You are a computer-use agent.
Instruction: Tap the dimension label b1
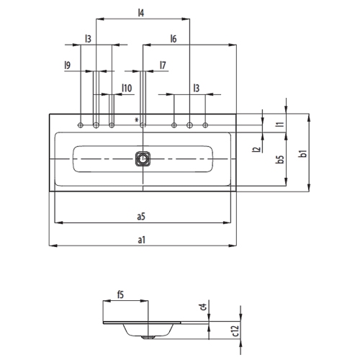303,153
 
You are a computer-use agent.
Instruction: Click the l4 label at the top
141,12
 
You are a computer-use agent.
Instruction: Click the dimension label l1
279,124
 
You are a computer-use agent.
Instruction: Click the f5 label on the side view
121,294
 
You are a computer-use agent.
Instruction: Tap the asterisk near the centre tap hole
136,120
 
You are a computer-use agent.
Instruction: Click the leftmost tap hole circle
81,125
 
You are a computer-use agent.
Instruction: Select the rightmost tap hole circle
206,125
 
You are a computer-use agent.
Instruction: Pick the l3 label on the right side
196,88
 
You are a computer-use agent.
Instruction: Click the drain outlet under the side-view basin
148,336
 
